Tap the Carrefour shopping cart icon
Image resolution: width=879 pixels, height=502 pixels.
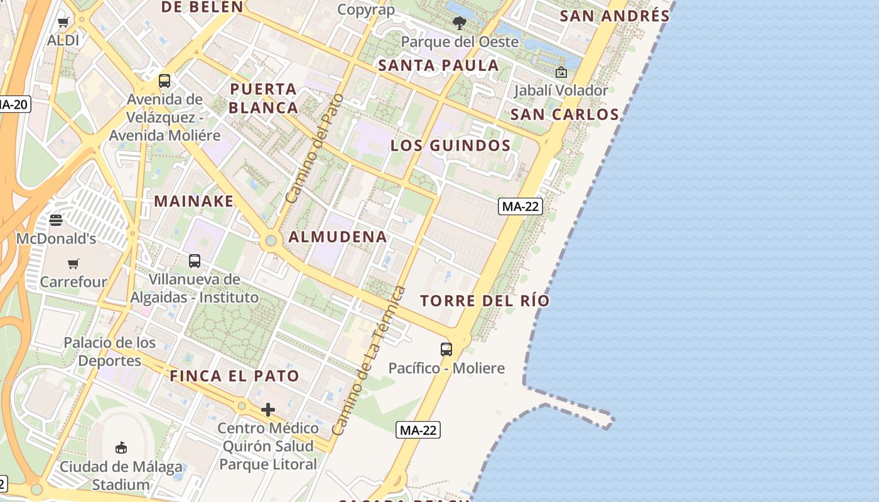[x=73, y=264]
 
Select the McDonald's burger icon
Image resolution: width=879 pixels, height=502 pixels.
[x=56, y=220]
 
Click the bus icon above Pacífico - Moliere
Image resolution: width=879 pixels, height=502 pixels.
[x=446, y=350]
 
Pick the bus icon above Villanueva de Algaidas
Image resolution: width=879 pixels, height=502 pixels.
[x=195, y=260]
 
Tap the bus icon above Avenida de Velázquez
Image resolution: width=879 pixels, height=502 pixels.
[x=164, y=81]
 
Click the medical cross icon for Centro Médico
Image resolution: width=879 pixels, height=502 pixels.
[x=268, y=410]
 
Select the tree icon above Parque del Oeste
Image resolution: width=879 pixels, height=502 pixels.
[x=460, y=24]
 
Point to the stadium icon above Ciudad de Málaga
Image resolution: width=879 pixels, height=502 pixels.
[x=121, y=447]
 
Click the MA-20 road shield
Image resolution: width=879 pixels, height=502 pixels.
[x=14, y=104]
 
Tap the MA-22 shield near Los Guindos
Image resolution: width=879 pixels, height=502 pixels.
[x=520, y=206]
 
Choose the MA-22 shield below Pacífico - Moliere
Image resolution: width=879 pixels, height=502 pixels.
[x=418, y=430]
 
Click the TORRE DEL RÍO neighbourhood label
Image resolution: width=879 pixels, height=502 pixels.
[x=485, y=301]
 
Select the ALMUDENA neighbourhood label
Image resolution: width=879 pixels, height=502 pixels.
[x=338, y=237]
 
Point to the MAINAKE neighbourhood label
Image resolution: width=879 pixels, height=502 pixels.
[x=194, y=201]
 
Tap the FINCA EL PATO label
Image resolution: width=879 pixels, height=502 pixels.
[x=234, y=376]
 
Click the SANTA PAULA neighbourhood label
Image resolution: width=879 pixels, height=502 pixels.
[x=438, y=65]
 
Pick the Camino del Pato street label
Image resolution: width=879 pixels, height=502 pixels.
[x=315, y=149]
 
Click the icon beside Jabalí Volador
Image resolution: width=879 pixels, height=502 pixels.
[x=561, y=73]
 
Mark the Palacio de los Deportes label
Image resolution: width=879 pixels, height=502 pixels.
[x=110, y=351]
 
